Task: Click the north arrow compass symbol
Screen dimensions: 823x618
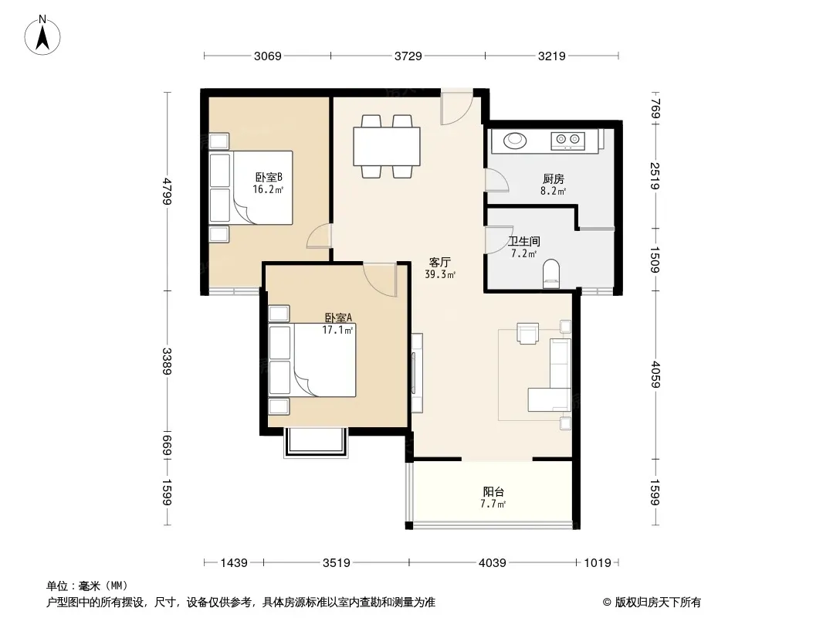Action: pyautogui.click(x=42, y=35)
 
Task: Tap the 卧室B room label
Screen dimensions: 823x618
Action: pyautogui.click(x=269, y=178)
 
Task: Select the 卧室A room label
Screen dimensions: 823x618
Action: pyautogui.click(x=338, y=317)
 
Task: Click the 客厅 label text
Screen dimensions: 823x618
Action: pyautogui.click(x=440, y=262)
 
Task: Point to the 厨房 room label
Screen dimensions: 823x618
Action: pyautogui.click(x=554, y=179)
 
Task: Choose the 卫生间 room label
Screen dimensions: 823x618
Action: pyautogui.click(x=523, y=242)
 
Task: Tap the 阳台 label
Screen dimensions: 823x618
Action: pyautogui.click(x=493, y=492)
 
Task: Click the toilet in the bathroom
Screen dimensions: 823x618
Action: pyautogui.click(x=551, y=273)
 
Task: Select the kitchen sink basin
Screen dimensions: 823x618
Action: pyautogui.click(x=515, y=140)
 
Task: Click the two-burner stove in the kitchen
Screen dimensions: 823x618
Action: pyautogui.click(x=567, y=140)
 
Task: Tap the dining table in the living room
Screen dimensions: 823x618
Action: pyautogui.click(x=387, y=146)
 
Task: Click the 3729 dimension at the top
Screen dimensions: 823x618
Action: pyautogui.click(x=408, y=56)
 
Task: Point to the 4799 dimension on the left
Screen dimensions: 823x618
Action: pyautogui.click(x=167, y=191)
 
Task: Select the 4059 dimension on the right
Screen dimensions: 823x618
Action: pyautogui.click(x=655, y=374)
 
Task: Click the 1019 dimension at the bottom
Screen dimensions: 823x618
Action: pyautogui.click(x=598, y=563)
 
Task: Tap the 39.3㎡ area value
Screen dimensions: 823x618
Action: pyautogui.click(x=440, y=274)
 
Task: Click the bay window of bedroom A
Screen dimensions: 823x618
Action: pyautogui.click(x=316, y=443)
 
